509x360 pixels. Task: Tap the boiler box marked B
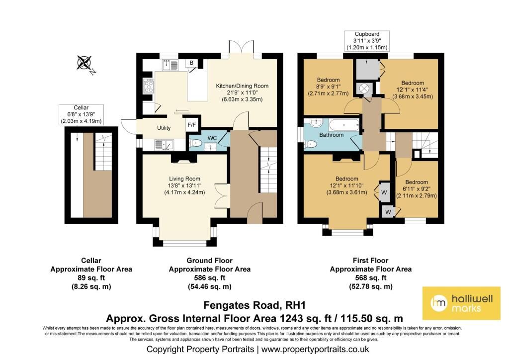pyautogui.click(x=191, y=63)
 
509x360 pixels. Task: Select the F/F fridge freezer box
pyautogui.click(x=192, y=125)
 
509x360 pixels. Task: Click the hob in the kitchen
pyautogui.click(x=149, y=87)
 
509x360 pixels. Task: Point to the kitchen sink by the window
pyautogui.click(x=170, y=65)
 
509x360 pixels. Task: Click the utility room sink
pyautogui.click(x=164, y=145)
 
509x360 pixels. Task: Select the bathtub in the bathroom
pyautogui.click(x=344, y=125)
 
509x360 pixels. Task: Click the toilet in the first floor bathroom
pyautogui.click(x=310, y=144)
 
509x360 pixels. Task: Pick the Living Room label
pyautogui.click(x=184, y=185)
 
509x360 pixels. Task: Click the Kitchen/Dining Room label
pyautogui.click(x=242, y=92)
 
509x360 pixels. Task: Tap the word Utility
pyautogui.click(x=164, y=128)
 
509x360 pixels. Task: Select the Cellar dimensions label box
pyautogui.click(x=81, y=114)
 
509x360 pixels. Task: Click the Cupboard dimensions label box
pyautogui.click(x=367, y=41)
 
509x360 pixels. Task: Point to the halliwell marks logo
pyautogui.click(x=461, y=303)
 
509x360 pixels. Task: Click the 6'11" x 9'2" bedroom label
pyautogui.click(x=417, y=189)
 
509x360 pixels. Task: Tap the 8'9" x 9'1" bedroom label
pyautogui.click(x=328, y=87)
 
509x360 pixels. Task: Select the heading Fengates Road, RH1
pyautogui.click(x=254, y=305)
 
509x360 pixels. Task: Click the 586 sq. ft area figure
pyautogui.click(x=209, y=278)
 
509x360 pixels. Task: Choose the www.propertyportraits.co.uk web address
pyautogui.click(x=315, y=349)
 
